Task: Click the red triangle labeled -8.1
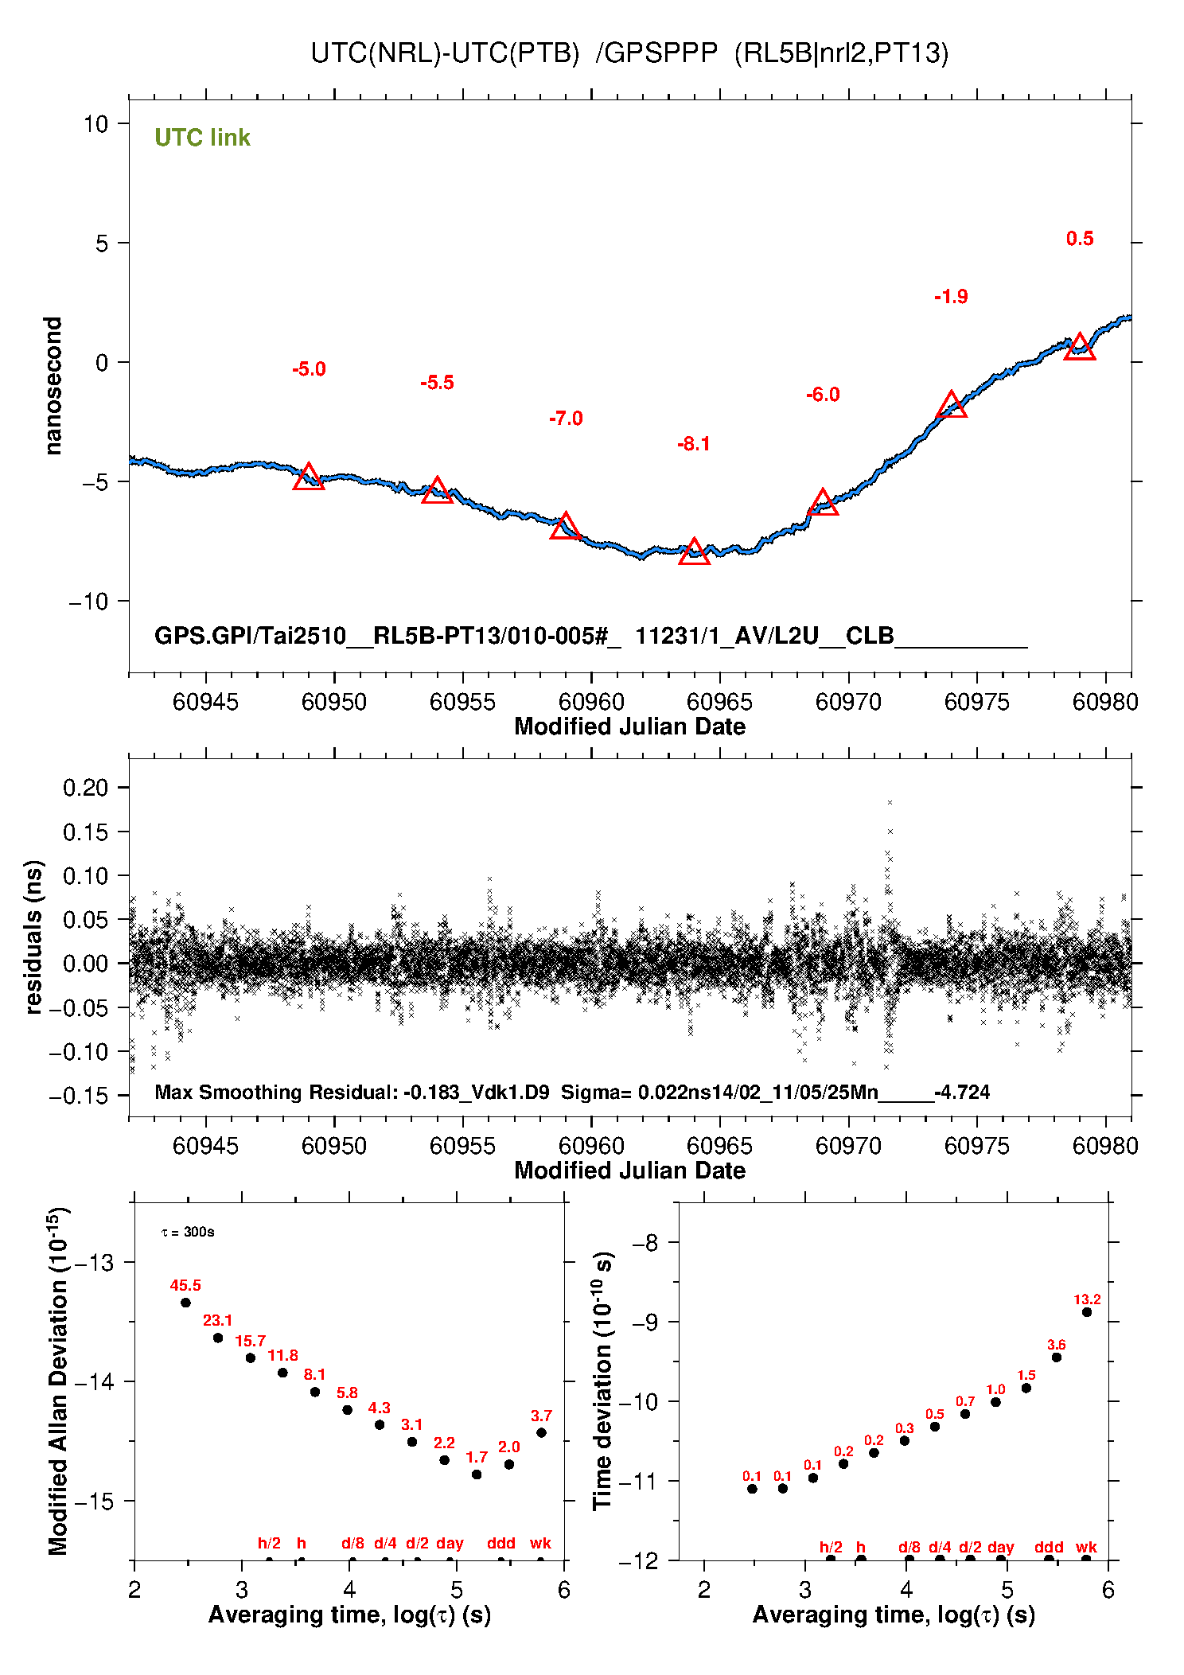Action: [694, 551]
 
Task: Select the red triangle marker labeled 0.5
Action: [1080, 347]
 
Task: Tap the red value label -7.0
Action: [566, 419]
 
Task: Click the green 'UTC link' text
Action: [202, 138]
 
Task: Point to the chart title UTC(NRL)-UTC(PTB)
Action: [445, 53]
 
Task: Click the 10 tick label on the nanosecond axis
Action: [95, 123]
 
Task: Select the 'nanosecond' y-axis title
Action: [53, 386]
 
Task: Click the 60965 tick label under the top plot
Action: [719, 702]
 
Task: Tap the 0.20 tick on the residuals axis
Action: [85, 788]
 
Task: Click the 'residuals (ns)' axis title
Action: [33, 937]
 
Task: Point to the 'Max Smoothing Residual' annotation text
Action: [275, 1093]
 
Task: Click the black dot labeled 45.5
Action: [185, 1303]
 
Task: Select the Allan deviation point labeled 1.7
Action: [477, 1474]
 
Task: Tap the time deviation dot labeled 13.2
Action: [1087, 1312]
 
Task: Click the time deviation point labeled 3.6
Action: [1057, 1358]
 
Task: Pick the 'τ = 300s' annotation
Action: [188, 1233]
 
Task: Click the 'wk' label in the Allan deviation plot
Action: [540, 1543]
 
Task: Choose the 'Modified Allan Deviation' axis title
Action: [59, 1381]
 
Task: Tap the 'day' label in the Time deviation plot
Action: [1000, 1548]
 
